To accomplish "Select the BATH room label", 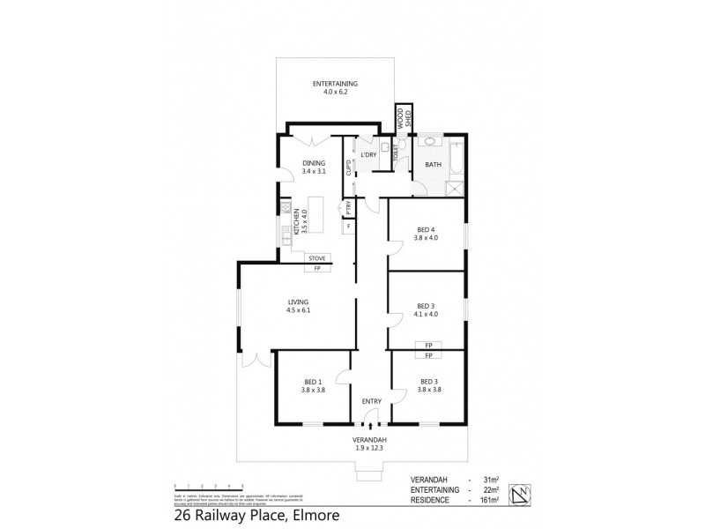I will (434, 165).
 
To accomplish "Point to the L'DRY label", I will (368, 155).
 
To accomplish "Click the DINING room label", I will (314, 163).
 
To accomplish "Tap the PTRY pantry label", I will (349, 208).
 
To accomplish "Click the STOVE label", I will (317, 257).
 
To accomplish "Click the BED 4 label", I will (427, 231).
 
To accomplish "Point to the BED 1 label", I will (314, 382).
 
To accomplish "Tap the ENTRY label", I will (371, 402).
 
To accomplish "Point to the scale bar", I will (209, 486).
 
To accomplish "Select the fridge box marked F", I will (349, 227).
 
